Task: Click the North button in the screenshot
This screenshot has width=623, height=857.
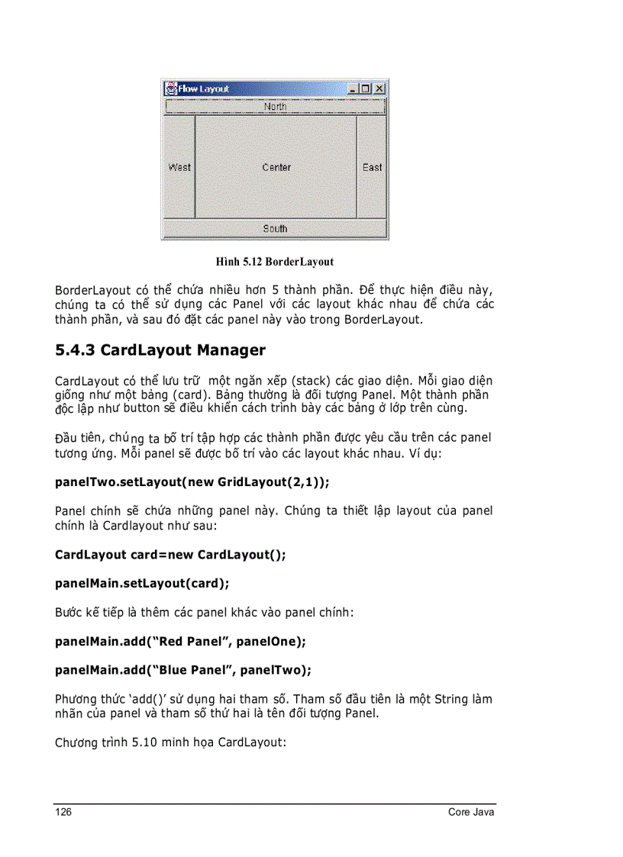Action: tap(275, 107)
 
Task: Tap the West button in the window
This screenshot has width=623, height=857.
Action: tap(179, 167)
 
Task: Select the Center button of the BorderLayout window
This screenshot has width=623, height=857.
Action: tap(276, 167)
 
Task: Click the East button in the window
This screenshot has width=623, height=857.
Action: tap(373, 167)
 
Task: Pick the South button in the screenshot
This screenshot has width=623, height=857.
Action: tap(275, 228)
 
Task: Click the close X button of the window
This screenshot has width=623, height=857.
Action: tap(379, 89)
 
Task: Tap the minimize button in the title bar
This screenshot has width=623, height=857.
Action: tap(353, 89)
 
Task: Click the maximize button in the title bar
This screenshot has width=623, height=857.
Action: tap(366, 89)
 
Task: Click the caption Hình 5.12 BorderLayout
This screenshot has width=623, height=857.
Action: tap(274, 262)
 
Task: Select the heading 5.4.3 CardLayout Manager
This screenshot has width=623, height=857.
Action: tap(160, 350)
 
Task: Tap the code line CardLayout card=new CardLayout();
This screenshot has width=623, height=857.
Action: tap(170, 555)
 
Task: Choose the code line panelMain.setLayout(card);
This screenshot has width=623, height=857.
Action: tap(142, 583)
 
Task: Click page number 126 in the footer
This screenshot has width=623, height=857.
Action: tap(63, 812)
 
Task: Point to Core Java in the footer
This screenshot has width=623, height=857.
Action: tap(471, 812)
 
